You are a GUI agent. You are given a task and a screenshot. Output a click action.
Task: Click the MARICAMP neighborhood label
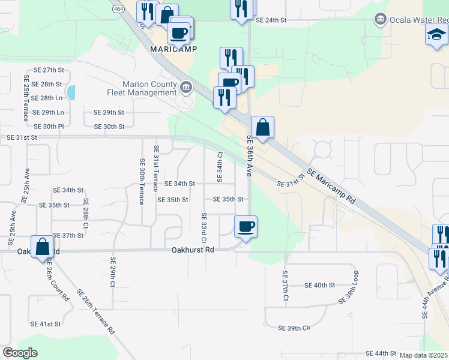click(x=173, y=49)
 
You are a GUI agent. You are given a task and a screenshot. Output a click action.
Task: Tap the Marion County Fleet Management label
click(x=149, y=89)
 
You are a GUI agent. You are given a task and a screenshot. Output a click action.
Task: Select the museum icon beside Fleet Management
click(x=186, y=89)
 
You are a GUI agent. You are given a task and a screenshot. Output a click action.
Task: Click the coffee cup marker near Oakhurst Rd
click(x=246, y=227)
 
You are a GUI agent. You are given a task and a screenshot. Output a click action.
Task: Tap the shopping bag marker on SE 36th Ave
click(x=262, y=127)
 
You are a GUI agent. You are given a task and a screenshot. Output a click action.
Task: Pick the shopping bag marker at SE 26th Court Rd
click(x=42, y=247)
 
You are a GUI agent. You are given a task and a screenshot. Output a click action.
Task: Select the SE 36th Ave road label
click(x=249, y=155)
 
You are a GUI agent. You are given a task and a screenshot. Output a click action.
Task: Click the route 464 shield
click(x=117, y=8)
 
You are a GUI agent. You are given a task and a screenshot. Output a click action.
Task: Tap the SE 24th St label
click(x=271, y=20)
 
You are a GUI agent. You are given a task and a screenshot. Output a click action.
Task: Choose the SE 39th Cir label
click(x=294, y=328)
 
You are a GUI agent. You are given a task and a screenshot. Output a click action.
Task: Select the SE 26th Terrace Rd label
click(x=96, y=311)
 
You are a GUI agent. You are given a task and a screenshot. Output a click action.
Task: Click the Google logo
click(x=20, y=353)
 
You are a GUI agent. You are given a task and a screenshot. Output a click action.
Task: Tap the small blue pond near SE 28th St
click(x=72, y=92)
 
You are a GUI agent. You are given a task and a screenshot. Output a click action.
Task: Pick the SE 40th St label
click(x=319, y=286)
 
